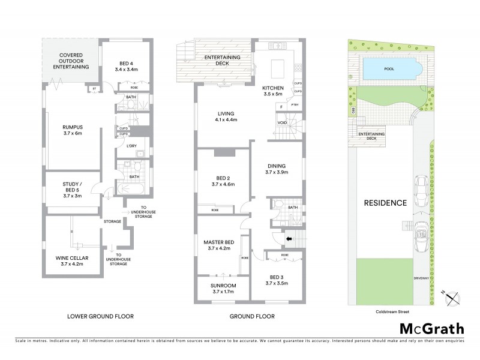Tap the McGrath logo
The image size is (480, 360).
(x=431, y=328)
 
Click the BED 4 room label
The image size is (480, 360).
(x=127, y=66)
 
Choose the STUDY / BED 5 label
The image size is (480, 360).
(x=71, y=188)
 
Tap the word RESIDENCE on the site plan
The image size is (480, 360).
(x=385, y=203)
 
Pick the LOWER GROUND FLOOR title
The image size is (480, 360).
(x=101, y=316)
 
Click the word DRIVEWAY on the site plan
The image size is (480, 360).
(x=425, y=278)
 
